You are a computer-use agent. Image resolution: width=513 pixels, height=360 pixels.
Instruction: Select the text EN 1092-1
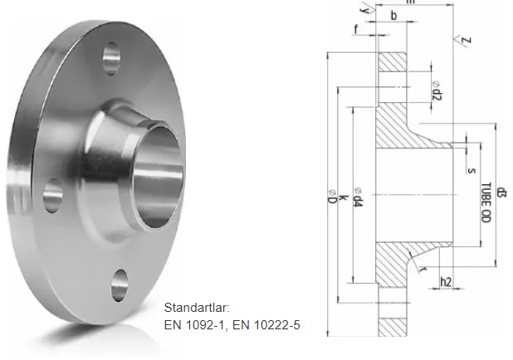point(192,325)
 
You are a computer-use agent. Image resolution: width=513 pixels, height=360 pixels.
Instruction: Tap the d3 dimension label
point(502,196)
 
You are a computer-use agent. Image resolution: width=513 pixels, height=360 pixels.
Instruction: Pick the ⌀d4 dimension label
point(358,199)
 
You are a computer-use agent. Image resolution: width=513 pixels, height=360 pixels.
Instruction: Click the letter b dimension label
point(393,16)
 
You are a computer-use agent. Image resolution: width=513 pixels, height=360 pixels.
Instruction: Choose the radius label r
point(423,270)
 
